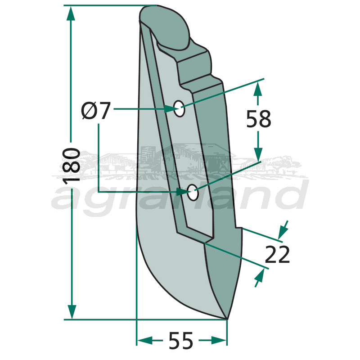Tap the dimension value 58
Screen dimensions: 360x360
(x=259, y=119)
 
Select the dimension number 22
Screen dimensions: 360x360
(x=277, y=255)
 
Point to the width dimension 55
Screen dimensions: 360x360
(x=181, y=341)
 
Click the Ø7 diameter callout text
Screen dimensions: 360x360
(x=96, y=111)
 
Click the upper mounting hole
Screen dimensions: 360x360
(x=180, y=108)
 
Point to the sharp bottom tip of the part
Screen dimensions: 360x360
(x=226, y=319)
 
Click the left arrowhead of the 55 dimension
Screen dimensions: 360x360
(x=144, y=340)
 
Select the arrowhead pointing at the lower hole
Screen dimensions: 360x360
(x=182, y=193)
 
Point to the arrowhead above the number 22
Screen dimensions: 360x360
(x=283, y=231)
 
